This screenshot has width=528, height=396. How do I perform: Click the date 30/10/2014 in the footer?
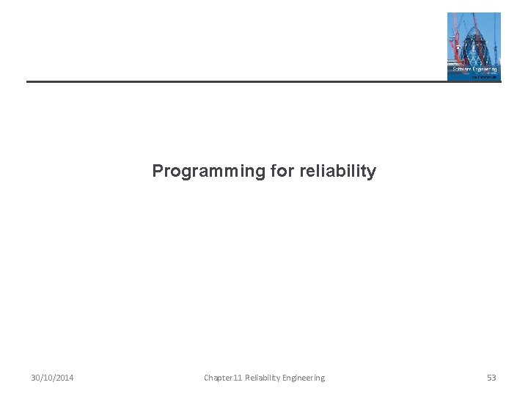click(52, 378)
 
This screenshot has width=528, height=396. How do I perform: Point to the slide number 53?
click(491, 378)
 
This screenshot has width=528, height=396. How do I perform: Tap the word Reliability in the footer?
click(261, 378)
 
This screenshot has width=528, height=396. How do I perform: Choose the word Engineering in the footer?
click(302, 378)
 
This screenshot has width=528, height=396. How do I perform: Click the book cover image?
click(474, 46)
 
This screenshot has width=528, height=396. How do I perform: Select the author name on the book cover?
click(484, 75)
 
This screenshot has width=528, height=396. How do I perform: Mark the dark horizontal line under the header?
click(235, 81)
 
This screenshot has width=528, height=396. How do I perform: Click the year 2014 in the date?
click(64, 378)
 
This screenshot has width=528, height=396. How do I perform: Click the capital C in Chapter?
click(206, 378)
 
